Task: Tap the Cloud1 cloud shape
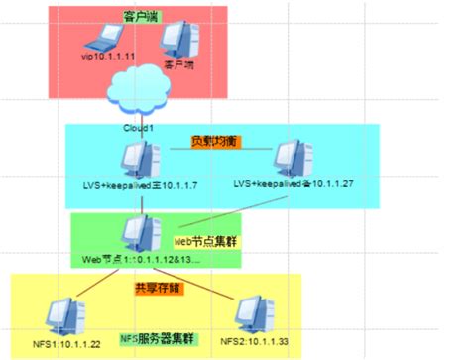pos(145,90)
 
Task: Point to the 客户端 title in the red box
pos(144,17)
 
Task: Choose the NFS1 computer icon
pos(68,316)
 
